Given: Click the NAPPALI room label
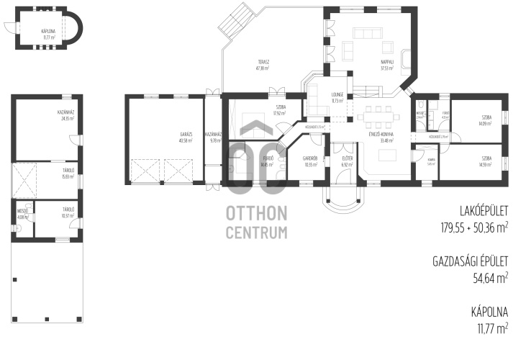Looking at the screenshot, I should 386,62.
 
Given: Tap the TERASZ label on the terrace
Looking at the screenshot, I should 262,62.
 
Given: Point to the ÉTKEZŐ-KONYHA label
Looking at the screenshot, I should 379,134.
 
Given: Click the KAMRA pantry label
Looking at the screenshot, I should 430,160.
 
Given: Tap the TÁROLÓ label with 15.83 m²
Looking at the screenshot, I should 69,170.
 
